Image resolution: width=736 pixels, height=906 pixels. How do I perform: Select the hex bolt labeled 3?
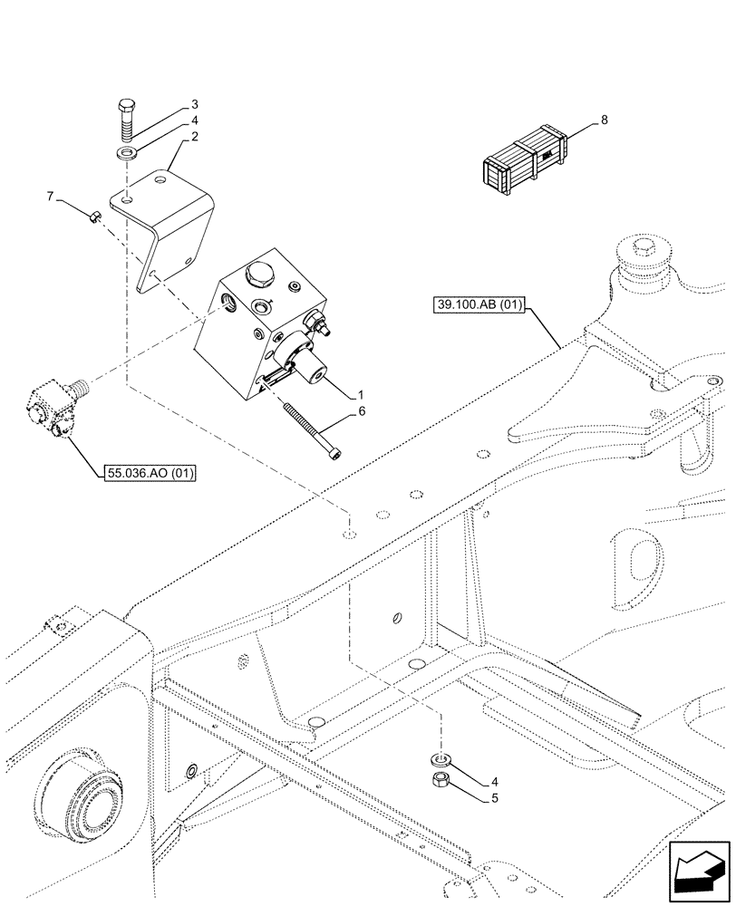[x=126, y=119]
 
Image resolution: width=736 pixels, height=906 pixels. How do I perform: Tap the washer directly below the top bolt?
[x=127, y=150]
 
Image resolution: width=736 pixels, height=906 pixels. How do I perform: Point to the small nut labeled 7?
[x=94, y=216]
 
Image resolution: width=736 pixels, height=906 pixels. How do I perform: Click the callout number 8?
[x=605, y=119]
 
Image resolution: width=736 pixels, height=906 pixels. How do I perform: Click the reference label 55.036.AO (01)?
[x=150, y=472]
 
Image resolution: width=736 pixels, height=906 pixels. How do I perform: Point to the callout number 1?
[x=361, y=394]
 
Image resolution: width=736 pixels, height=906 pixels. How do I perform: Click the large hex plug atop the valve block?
[x=258, y=274]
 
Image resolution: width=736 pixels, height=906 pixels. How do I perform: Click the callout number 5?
[x=495, y=798]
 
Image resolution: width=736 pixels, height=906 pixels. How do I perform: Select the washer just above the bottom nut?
[x=441, y=755]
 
